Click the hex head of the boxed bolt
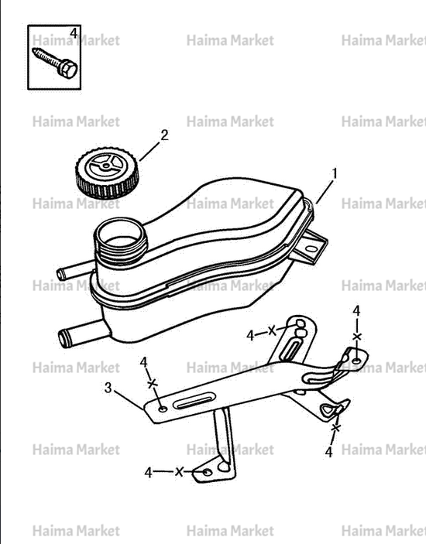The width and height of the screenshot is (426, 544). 67,69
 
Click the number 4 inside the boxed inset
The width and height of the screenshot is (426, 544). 74,33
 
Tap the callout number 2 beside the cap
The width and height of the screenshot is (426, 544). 164,135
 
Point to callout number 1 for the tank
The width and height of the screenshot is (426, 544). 335,173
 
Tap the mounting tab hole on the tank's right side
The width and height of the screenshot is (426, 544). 312,248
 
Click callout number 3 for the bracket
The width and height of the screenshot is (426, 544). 108,388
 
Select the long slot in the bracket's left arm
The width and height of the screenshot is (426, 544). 194,402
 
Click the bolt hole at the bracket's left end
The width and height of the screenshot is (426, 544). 163,409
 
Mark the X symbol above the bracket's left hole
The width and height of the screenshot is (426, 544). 152,384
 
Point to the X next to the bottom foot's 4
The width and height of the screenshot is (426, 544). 179,471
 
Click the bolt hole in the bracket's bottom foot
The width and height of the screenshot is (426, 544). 208,472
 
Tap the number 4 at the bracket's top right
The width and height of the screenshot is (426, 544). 356,311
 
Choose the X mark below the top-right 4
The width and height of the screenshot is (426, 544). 357,337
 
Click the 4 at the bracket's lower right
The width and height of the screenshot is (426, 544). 328,452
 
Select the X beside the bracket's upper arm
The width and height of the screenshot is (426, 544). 272,330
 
